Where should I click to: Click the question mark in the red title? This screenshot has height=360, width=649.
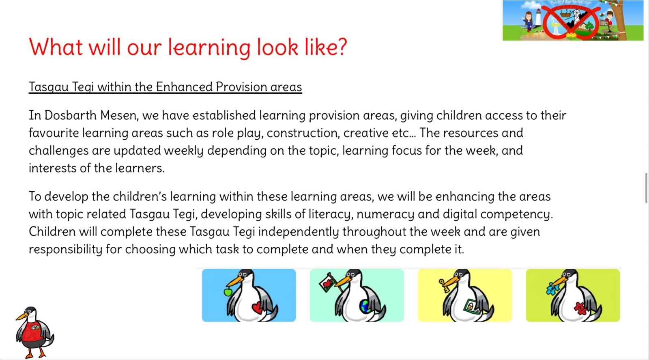342,47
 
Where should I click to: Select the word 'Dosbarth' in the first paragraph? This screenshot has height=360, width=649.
71,115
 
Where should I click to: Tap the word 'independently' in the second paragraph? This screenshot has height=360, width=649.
299,232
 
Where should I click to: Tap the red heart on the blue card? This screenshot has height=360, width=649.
257,308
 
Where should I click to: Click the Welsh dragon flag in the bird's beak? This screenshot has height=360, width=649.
327,282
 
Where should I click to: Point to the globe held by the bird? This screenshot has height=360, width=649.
365,306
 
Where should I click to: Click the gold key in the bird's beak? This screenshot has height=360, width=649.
444,285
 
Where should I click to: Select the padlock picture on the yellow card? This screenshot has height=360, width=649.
471,306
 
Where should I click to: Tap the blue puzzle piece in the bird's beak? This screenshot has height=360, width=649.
552,289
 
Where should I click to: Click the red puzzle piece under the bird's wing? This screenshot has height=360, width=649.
580,308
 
